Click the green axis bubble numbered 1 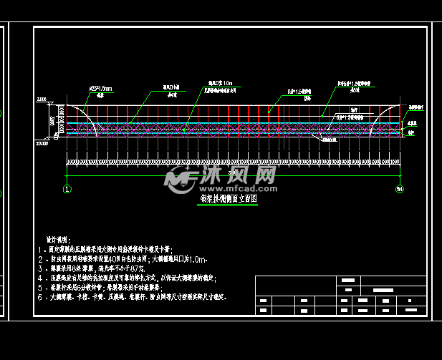[x=67, y=189]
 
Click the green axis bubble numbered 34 [x=400, y=189]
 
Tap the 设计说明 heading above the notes [x=54, y=239]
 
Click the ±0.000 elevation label [x=42, y=144]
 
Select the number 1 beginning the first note [x=40, y=248]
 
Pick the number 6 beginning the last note [x=40, y=296]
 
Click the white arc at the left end [x=80, y=115]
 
